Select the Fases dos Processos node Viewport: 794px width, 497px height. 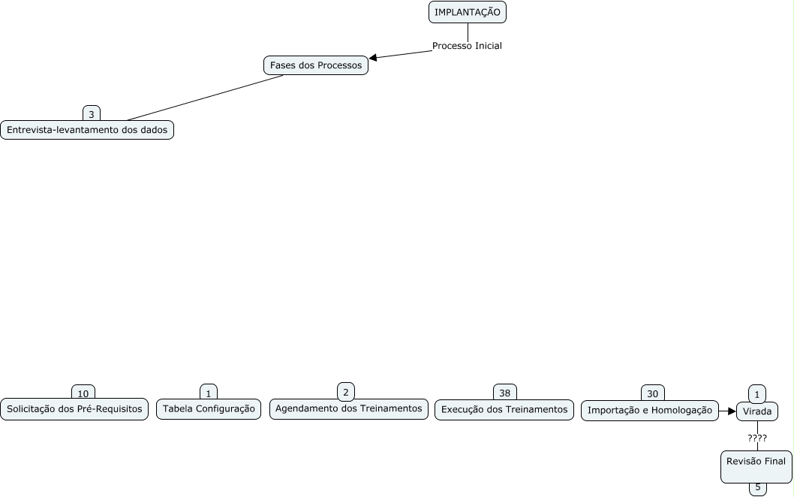click(316, 65)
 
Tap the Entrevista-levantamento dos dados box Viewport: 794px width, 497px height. click(87, 130)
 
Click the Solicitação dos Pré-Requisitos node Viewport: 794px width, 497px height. click(74, 409)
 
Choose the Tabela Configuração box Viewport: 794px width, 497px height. click(209, 409)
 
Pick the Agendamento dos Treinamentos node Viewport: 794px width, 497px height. click(349, 408)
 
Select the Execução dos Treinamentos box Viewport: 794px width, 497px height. click(504, 409)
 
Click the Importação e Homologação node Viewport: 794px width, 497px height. click(649, 410)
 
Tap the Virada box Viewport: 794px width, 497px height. click(756, 411)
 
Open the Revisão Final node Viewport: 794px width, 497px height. click(756, 465)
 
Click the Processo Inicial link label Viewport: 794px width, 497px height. click(467, 46)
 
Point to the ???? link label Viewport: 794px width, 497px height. click(757, 438)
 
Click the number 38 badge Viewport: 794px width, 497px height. click(505, 393)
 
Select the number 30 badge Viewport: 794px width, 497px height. click(653, 393)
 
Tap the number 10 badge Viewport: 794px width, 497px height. click(83, 393)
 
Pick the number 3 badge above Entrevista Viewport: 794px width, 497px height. click(92, 114)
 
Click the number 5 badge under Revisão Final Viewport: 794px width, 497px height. click(758, 487)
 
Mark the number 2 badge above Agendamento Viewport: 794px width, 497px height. click(346, 391)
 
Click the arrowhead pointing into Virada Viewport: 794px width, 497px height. click(732, 411)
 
